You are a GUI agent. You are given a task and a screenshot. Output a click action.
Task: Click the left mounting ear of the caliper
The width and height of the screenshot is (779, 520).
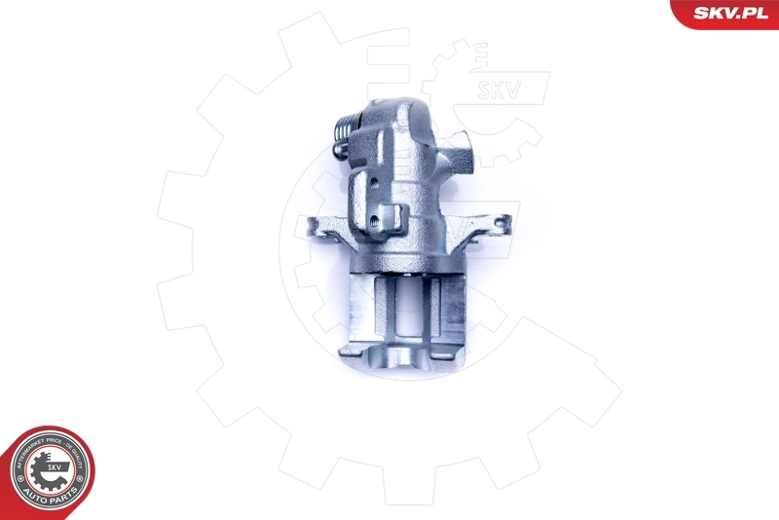point(320,230)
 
